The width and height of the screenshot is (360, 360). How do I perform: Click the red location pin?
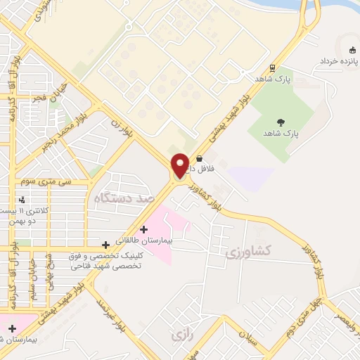pos(180,165)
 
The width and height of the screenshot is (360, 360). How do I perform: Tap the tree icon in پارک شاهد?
pos(281,122)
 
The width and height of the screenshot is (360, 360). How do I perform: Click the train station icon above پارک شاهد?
pos(271,68)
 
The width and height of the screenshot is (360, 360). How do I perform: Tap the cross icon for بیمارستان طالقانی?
pos(144,229)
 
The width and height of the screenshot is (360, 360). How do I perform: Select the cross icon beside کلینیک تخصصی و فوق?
pos(105,245)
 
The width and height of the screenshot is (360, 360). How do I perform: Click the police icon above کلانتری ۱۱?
pos(24,199)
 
